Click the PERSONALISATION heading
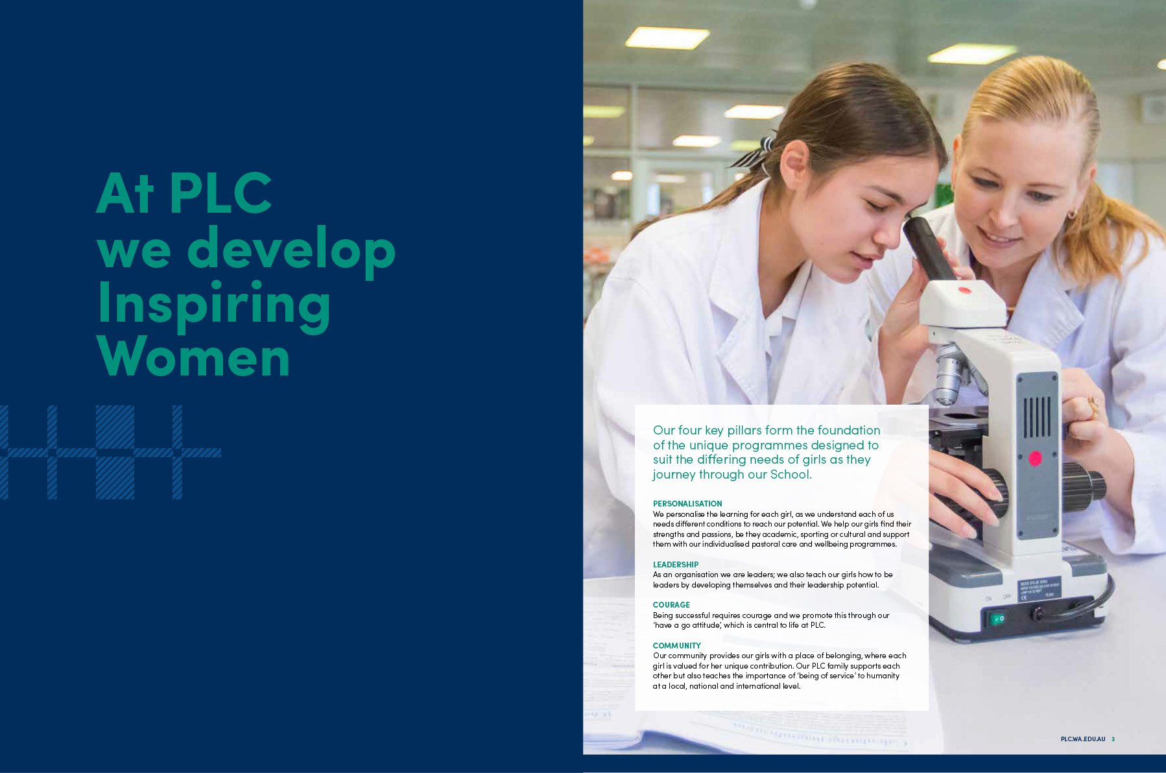(x=687, y=504)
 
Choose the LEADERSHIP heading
(x=676, y=565)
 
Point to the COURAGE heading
(x=671, y=605)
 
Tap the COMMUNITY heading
(x=677, y=646)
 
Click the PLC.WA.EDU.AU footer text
(x=1083, y=739)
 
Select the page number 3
(x=1113, y=739)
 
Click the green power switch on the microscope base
(x=997, y=619)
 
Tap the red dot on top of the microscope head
(x=964, y=290)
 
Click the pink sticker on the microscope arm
(x=1035, y=458)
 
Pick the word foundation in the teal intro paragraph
(x=849, y=430)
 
